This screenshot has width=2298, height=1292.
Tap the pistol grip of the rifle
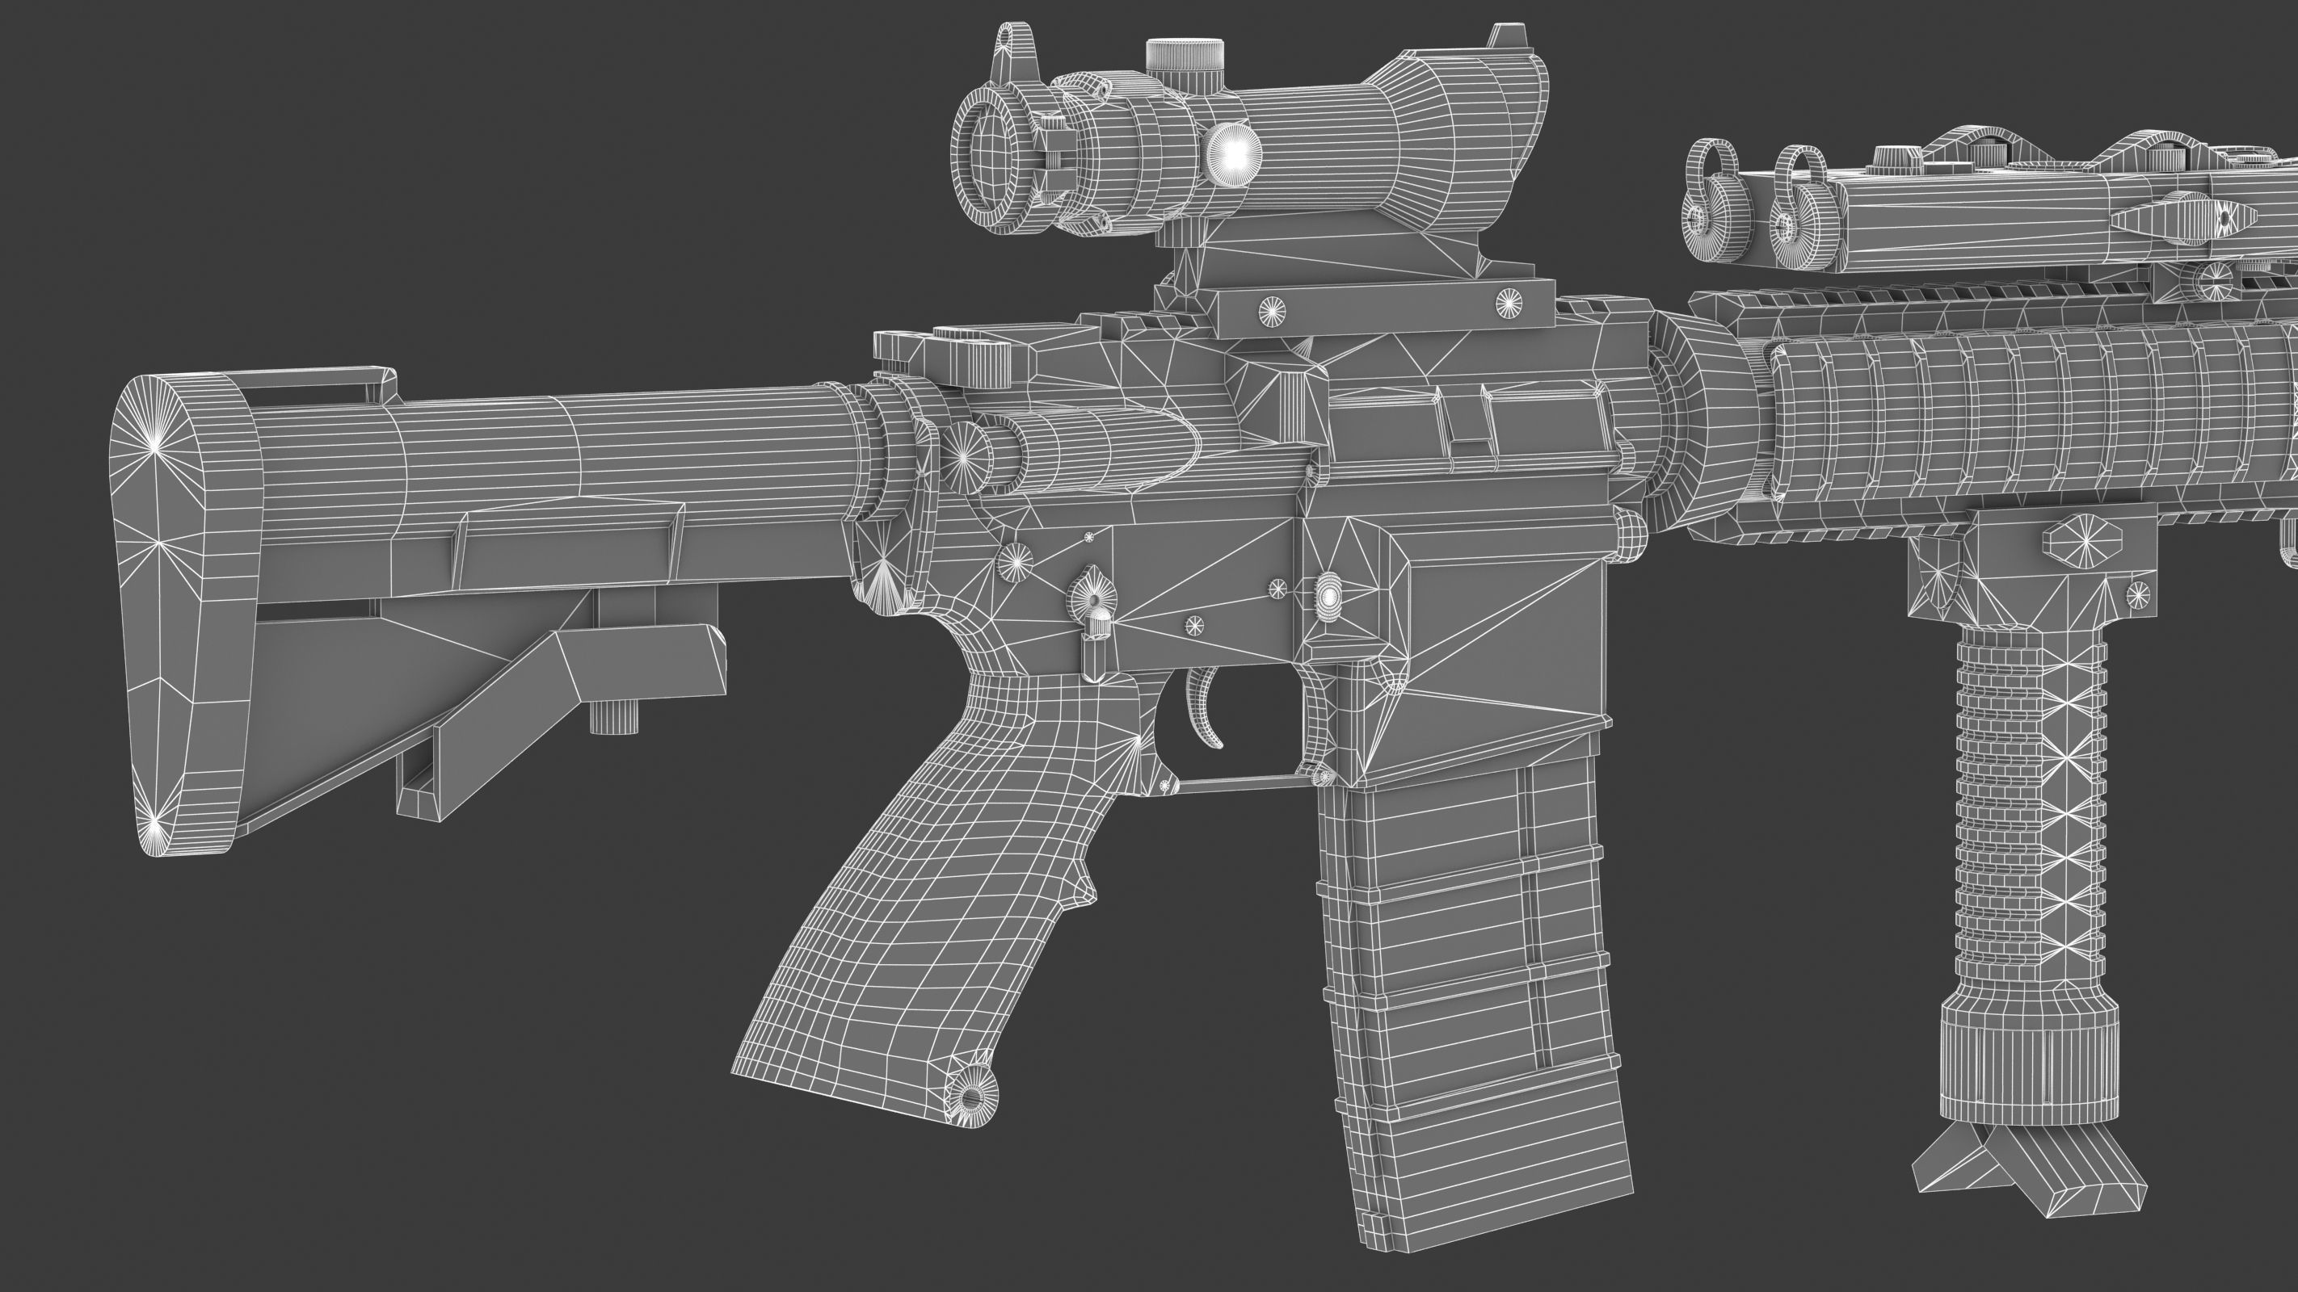[892, 891]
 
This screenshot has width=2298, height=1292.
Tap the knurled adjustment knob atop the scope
[1185, 55]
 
